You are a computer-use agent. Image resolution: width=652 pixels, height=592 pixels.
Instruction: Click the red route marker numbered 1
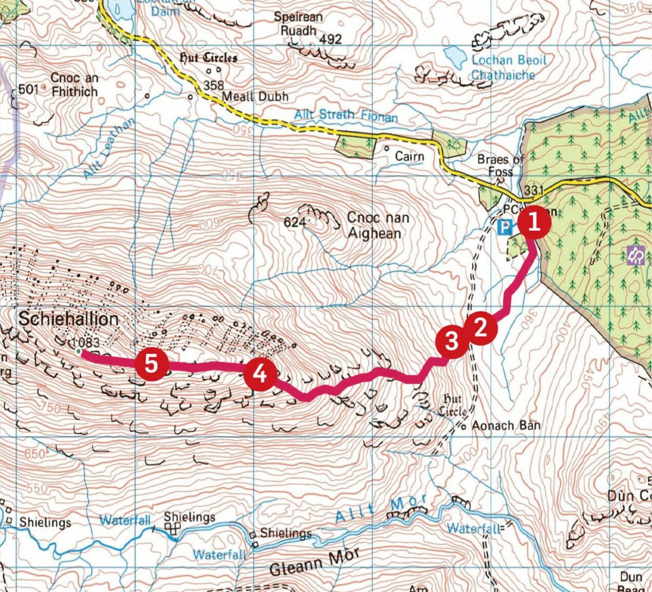pos(534,223)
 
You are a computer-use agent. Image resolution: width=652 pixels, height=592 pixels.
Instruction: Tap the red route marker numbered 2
pos(481,328)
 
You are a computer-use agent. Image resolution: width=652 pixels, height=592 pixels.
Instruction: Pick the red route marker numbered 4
pos(261,374)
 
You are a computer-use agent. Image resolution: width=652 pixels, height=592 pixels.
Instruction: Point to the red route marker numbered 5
pos(152,364)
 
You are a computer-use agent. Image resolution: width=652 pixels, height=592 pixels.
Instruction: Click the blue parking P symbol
pos(505,227)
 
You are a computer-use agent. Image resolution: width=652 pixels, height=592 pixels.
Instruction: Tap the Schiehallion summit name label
pos(68,319)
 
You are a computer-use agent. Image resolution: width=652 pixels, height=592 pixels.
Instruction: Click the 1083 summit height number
pos(85,342)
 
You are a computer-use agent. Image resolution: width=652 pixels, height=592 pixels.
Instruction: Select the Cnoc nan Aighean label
pos(378,225)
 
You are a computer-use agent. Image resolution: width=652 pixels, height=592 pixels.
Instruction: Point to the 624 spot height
pos(295,223)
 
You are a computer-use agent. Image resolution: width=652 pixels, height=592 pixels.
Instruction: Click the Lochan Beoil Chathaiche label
pos(508,67)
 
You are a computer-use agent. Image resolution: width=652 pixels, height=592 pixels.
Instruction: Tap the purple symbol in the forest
pos(636,255)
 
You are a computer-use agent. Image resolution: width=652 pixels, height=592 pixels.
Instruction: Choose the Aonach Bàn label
pos(506,425)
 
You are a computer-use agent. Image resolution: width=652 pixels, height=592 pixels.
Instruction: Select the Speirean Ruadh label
pos(298,24)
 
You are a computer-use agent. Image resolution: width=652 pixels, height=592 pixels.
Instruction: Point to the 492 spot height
pos(330,40)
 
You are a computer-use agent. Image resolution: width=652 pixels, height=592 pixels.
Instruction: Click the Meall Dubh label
pos(255,97)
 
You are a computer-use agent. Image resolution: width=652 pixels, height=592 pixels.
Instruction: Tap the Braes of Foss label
pos(500,165)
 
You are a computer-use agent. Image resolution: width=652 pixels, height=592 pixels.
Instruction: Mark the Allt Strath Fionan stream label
pos(346,115)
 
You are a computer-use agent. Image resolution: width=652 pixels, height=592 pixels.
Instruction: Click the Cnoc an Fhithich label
pos(74,85)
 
